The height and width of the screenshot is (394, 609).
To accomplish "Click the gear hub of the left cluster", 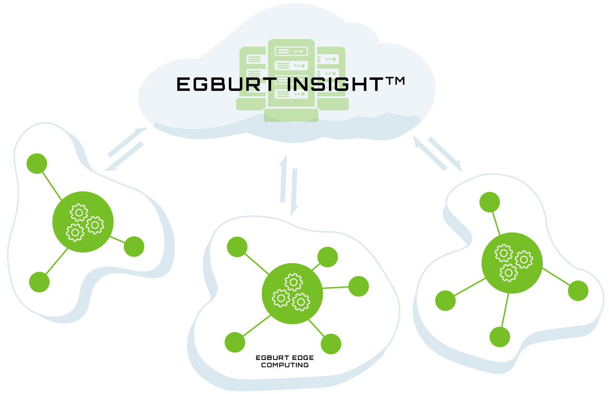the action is click(83, 222).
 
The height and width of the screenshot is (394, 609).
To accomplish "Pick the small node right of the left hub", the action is click(134, 246).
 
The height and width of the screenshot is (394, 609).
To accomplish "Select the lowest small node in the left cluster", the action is click(40, 281).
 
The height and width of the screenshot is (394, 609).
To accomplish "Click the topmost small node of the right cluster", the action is click(490, 202).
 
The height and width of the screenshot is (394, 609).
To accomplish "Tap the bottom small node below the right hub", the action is click(500, 337).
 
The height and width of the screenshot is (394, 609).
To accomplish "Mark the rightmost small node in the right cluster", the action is click(578, 291).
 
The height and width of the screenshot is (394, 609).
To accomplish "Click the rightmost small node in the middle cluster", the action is click(359, 286).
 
